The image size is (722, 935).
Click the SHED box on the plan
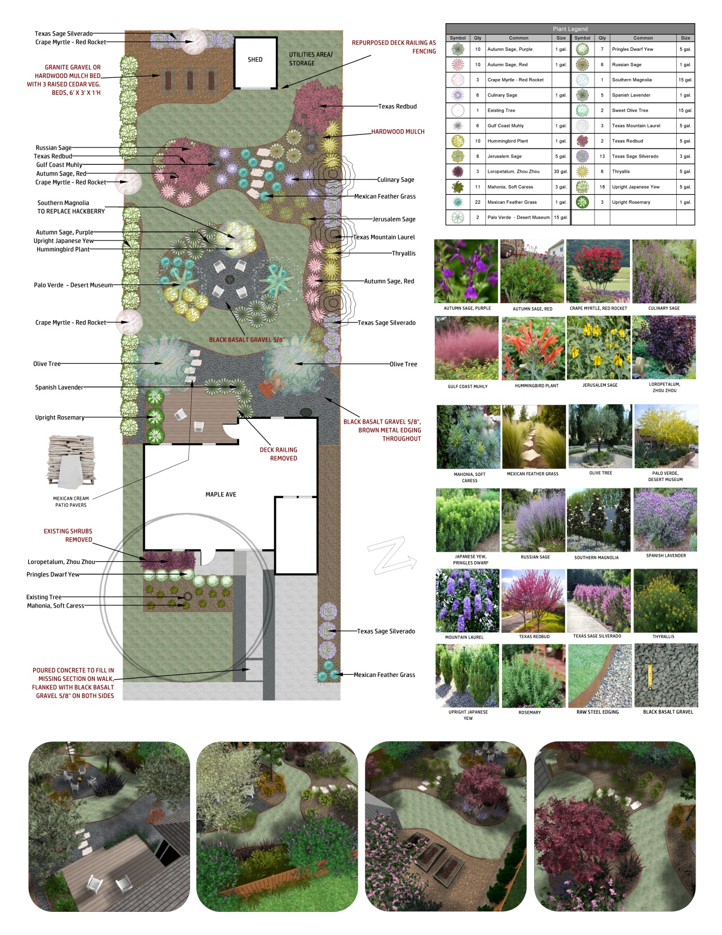[x=256, y=63]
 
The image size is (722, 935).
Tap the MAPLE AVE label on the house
[x=221, y=495]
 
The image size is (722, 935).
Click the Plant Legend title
[x=570, y=29]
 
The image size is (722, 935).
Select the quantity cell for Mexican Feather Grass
[x=477, y=202]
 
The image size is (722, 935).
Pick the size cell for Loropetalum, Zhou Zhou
[x=561, y=172]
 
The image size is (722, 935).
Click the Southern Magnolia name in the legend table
[x=632, y=80]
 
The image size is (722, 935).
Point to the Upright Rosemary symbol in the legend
[x=582, y=202]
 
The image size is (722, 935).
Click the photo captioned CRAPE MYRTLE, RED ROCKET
[x=598, y=271]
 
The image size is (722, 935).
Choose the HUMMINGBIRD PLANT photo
[x=533, y=348]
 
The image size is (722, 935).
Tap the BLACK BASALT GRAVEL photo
[x=666, y=675]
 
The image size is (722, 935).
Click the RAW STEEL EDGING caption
[x=597, y=712]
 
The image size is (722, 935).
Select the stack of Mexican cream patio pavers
[x=71, y=462]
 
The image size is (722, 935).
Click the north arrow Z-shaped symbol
[x=392, y=556]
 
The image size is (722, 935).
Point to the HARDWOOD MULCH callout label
[x=398, y=132]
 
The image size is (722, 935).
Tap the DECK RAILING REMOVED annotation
[x=279, y=454]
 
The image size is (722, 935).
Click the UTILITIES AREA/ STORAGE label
[x=311, y=59]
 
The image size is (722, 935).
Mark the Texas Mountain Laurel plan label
[x=384, y=237]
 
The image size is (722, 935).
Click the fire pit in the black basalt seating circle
[x=230, y=279]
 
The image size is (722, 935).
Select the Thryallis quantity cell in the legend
[x=602, y=172]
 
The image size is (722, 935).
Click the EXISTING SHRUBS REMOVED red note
[x=68, y=535]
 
